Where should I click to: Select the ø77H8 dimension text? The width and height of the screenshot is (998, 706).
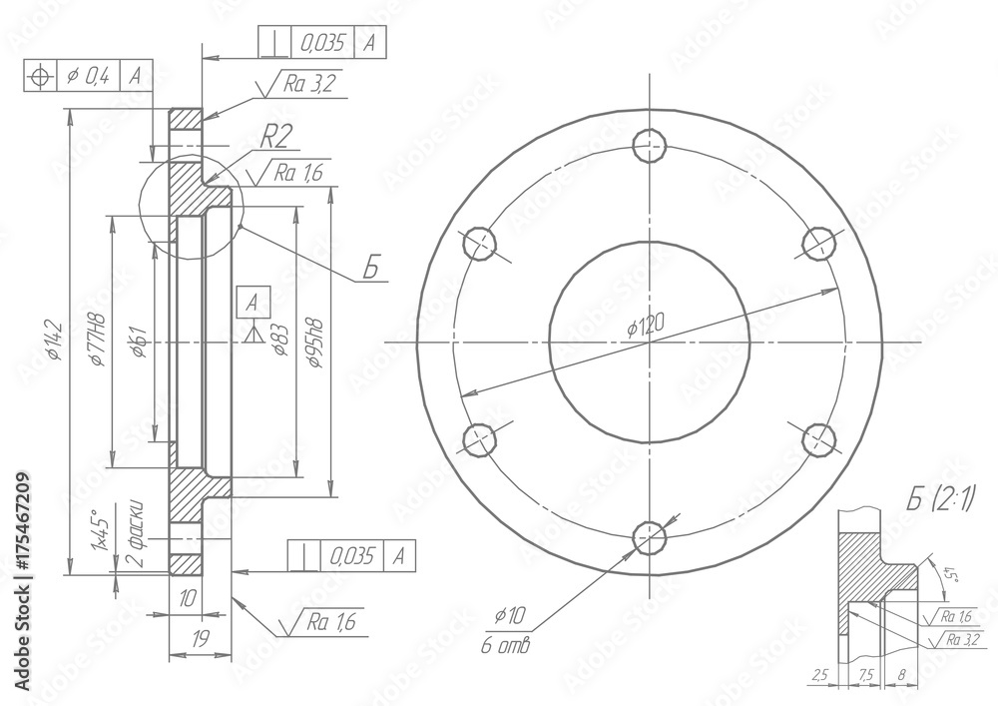(x=98, y=340)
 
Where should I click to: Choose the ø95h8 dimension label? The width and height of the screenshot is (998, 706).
(x=315, y=344)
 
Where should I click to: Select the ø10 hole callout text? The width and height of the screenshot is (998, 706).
(x=510, y=616)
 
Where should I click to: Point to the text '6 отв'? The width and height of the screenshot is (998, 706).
(x=506, y=646)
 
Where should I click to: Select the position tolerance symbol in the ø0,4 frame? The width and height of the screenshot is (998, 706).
(x=40, y=75)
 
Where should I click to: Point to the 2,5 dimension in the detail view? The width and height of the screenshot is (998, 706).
(x=820, y=675)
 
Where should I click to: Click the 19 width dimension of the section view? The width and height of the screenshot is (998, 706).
(x=199, y=637)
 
